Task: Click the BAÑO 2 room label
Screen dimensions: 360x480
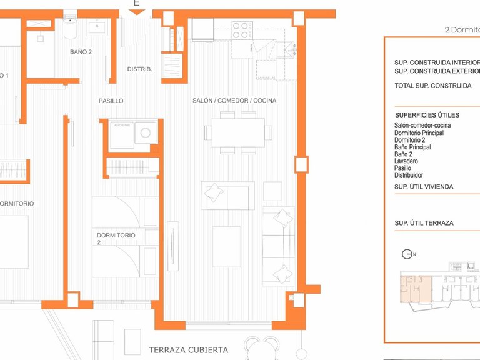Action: click(81, 52)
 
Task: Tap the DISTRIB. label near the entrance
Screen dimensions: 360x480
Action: click(139, 69)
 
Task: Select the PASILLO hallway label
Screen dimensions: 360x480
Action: click(111, 101)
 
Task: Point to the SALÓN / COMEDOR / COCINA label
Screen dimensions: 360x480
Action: click(234, 101)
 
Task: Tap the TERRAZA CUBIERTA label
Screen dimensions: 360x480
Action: click(188, 350)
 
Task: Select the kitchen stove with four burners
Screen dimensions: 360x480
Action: click(241, 30)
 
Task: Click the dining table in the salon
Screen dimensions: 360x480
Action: click(237, 132)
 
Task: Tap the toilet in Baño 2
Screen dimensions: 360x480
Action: click(69, 29)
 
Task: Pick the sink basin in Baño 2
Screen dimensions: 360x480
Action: click(97, 27)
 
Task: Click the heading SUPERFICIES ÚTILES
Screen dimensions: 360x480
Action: click(427, 115)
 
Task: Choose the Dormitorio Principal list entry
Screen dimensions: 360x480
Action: click(419, 133)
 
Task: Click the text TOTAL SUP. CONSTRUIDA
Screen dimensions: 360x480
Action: click(432, 86)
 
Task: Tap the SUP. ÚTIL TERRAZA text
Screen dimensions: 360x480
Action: click(424, 223)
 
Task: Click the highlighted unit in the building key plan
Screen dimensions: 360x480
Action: click(415, 288)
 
